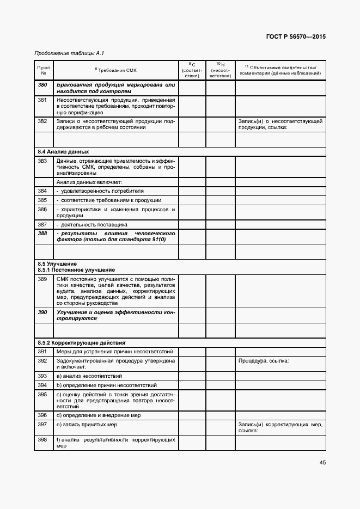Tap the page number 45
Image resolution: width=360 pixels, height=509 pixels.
[x=322, y=463]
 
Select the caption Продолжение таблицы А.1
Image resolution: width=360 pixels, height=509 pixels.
[x=69, y=53]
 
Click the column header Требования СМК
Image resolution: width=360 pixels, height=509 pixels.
[x=116, y=70]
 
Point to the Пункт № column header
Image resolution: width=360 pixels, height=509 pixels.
[x=44, y=70]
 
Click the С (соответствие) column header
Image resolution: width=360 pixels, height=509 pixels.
[x=192, y=70]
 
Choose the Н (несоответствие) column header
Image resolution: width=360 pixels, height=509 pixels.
[x=220, y=70]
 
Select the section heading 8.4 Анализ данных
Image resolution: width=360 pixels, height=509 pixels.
[x=63, y=151]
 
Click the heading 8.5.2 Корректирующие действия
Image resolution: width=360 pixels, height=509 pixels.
[x=81, y=342]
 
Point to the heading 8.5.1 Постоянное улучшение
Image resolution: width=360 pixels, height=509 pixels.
[x=76, y=270]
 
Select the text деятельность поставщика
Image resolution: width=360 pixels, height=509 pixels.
[x=93, y=224]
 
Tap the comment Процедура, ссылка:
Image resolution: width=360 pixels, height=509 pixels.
[x=263, y=360]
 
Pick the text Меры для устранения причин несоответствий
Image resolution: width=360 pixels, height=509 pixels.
[x=114, y=352]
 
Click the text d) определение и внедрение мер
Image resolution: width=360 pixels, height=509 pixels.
[x=99, y=414]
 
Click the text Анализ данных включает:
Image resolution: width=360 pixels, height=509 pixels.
[x=89, y=182]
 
